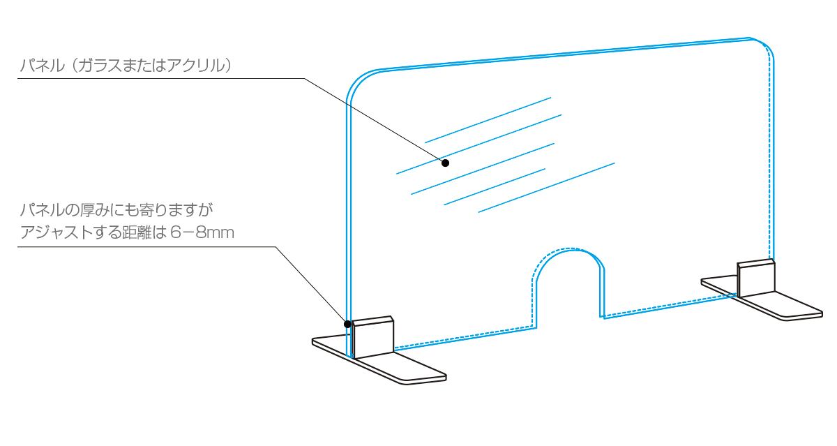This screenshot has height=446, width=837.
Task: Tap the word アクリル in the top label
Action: click(203, 66)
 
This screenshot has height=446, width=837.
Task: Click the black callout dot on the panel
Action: click(445, 163)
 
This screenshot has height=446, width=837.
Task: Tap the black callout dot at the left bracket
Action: click(347, 323)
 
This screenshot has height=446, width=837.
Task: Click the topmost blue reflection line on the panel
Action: click(488, 119)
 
